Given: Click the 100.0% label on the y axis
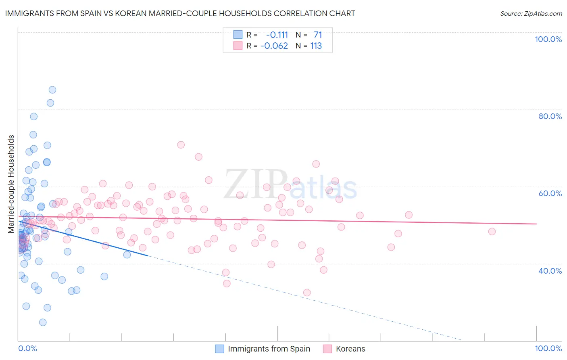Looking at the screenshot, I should pyautogui.click(x=548, y=39).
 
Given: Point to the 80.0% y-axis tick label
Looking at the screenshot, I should pyautogui.click(x=550, y=116).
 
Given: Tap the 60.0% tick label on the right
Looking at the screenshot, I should pyautogui.click(x=550, y=193).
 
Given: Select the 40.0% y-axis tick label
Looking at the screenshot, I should pyautogui.click(x=550, y=271).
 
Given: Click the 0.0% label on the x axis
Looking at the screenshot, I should pyautogui.click(x=27, y=348).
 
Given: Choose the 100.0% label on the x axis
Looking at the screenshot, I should pyautogui.click(x=548, y=348).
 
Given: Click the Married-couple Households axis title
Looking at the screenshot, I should pyautogui.click(x=11, y=184).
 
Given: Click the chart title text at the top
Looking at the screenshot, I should pyautogui.click(x=180, y=13).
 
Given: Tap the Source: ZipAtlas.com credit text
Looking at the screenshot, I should pyautogui.click(x=531, y=13).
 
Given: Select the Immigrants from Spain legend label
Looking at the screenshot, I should pyautogui.click(x=269, y=349).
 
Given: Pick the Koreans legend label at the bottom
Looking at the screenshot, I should pyautogui.click(x=350, y=349).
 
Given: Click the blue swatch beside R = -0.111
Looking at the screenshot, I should pyautogui.click(x=238, y=35).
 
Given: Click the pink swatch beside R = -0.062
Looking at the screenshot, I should pyautogui.click(x=238, y=46).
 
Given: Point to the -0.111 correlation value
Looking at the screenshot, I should pyautogui.click(x=277, y=35).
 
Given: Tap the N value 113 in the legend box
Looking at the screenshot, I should pyautogui.click(x=316, y=46).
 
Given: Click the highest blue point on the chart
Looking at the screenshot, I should pyautogui.click(x=52, y=90).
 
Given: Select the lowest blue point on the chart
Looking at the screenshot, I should pyautogui.click(x=43, y=322).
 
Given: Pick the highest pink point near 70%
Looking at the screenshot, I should pyautogui.click(x=181, y=145).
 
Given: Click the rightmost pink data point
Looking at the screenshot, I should pyautogui.click(x=492, y=232).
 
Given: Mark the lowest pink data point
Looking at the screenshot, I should pyautogui.click(x=307, y=293).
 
